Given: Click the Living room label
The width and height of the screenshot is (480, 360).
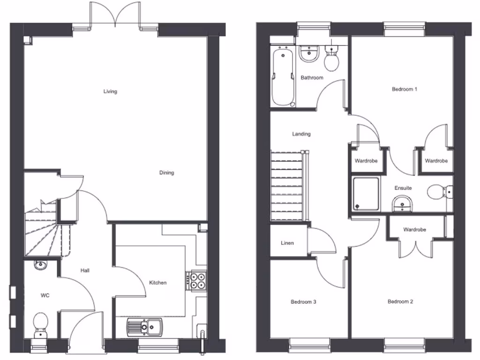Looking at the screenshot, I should point(110,91).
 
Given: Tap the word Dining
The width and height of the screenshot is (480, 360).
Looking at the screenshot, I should point(166,173).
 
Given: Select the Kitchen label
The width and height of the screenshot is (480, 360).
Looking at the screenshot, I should point(157,283).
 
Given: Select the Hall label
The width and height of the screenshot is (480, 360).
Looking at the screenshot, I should point(85,270).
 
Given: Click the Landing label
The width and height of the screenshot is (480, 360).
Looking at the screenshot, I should point(301,134).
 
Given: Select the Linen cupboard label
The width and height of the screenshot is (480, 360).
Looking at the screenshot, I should point(287,243).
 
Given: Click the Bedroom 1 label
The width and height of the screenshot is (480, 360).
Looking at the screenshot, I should point(405,89).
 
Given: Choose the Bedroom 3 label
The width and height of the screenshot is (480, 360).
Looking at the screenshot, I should point(303,302).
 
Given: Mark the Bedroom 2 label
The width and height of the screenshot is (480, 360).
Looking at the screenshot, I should point(400,302).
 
